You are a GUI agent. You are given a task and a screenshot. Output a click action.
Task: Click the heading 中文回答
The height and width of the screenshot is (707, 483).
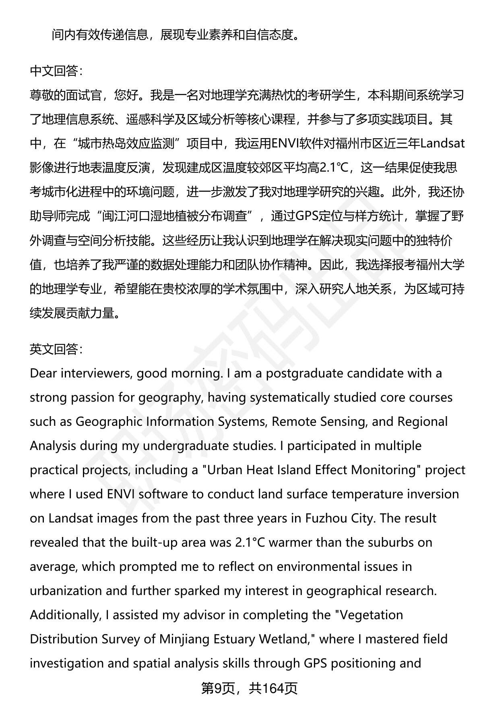tap(56, 71)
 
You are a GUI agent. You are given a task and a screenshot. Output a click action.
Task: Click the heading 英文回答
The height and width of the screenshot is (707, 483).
tap(56, 349)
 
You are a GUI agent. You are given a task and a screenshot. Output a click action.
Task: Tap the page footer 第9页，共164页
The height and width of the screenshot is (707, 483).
tap(249, 688)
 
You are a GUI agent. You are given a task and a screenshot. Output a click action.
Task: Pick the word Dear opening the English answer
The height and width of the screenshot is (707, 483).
tap(43, 373)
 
